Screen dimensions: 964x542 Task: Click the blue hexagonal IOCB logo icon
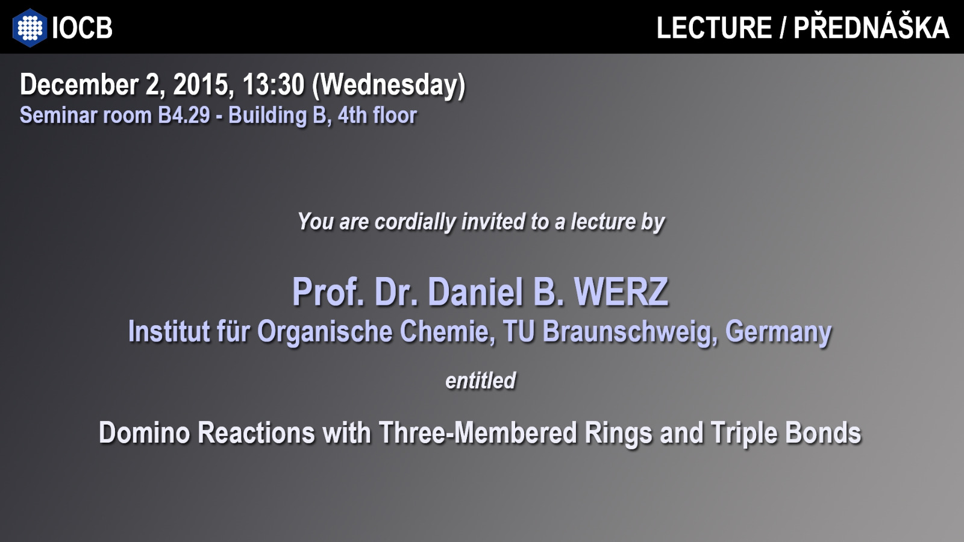click(30, 28)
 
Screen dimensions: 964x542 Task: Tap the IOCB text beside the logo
click(82, 28)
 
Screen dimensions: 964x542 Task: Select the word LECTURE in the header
click(715, 28)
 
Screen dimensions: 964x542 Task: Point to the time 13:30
click(274, 85)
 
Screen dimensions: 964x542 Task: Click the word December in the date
click(79, 85)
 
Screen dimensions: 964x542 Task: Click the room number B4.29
click(184, 115)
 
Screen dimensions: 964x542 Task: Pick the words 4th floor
click(377, 115)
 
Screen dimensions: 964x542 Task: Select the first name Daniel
click(475, 292)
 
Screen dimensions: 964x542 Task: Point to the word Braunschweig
click(627, 332)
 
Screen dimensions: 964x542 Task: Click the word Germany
click(778, 332)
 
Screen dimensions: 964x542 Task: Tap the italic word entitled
click(481, 381)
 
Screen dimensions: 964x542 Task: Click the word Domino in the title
click(145, 433)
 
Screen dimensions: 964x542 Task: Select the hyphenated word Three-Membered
click(478, 433)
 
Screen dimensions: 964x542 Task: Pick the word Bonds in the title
click(823, 433)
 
